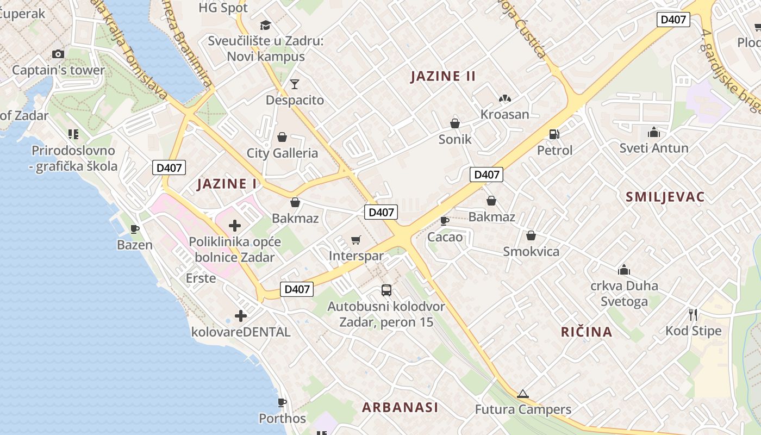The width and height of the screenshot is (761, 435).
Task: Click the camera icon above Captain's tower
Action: tap(58, 54)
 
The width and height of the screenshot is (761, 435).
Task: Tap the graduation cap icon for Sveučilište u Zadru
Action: tap(265, 25)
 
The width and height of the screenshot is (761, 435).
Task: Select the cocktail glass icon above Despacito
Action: tap(295, 84)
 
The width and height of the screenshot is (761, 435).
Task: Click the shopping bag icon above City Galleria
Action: tap(282, 137)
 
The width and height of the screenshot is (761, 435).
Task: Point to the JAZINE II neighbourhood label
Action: tap(443, 76)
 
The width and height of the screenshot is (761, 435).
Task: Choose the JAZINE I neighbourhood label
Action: tap(227, 184)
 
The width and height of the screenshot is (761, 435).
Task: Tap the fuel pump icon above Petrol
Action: tap(554, 134)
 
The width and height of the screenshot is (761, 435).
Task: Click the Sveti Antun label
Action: tap(654, 148)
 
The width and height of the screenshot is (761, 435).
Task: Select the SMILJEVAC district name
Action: tap(665, 197)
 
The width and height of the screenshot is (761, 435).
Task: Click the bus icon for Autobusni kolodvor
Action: tap(386, 290)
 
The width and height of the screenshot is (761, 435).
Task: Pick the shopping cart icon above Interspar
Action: tap(356, 240)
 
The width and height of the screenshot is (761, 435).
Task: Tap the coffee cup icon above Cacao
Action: tap(444, 221)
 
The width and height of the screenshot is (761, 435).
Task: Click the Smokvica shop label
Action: tap(531, 252)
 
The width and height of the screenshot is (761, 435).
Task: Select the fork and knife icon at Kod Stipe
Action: tap(693, 314)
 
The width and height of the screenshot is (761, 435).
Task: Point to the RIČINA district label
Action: tap(587, 332)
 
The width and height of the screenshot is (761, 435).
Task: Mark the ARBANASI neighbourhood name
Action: tap(400, 407)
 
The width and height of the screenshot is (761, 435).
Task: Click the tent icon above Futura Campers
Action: tap(523, 394)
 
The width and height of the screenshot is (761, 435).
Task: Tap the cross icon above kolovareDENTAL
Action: tap(241, 315)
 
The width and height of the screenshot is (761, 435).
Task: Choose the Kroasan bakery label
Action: tap(504, 114)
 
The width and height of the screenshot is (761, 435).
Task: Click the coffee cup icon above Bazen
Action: tap(135, 229)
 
